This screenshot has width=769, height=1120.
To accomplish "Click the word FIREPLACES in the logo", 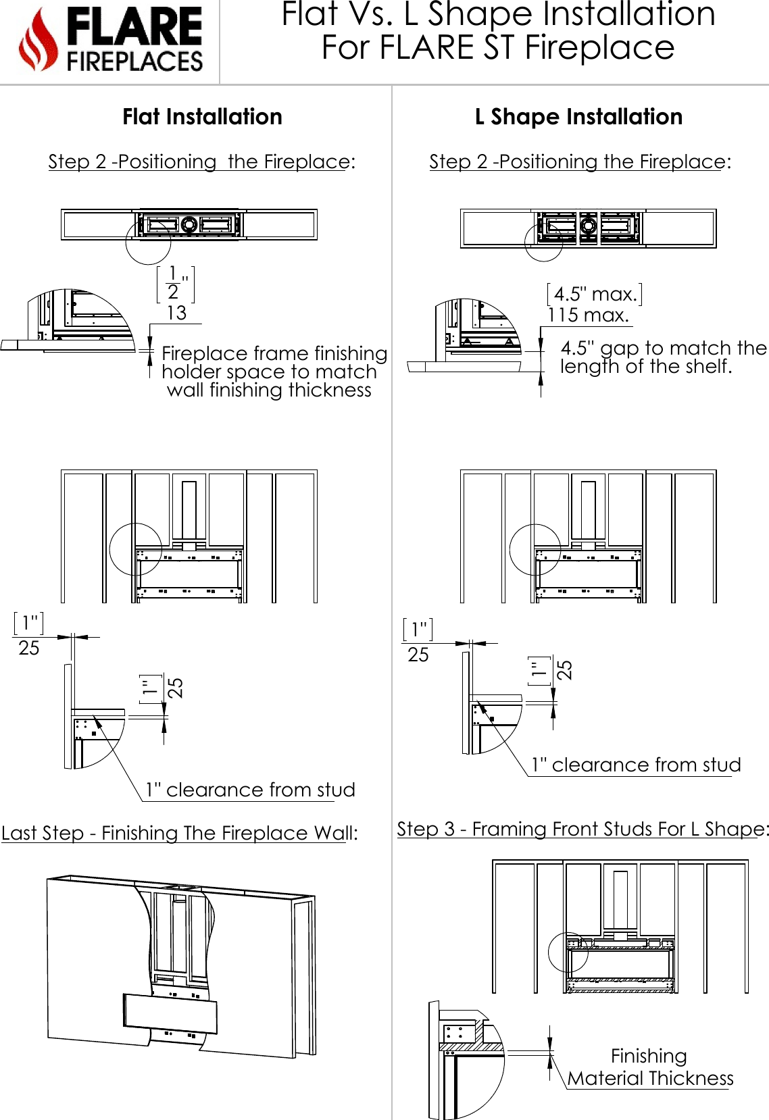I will (x=134, y=61).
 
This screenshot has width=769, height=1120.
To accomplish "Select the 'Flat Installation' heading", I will (x=202, y=117).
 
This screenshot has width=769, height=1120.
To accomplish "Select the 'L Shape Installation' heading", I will (x=578, y=117).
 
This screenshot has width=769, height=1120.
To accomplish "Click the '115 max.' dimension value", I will (x=588, y=315).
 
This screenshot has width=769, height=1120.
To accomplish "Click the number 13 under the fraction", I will (x=176, y=313).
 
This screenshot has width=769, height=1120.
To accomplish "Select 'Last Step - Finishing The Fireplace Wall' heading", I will (x=179, y=833).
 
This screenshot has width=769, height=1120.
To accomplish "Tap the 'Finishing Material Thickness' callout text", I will (x=650, y=1067).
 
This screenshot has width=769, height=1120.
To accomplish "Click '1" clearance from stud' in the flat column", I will (x=250, y=790).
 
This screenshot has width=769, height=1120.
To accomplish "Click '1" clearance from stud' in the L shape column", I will (x=636, y=765).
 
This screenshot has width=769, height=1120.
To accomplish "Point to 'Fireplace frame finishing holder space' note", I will (x=273, y=372).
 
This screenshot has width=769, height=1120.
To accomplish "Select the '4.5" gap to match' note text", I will (x=663, y=357).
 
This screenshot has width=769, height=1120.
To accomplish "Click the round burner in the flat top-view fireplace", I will (x=189, y=224).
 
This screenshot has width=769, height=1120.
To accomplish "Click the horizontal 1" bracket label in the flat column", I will (x=28, y=623).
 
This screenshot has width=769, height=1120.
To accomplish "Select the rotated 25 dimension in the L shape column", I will (x=564, y=669).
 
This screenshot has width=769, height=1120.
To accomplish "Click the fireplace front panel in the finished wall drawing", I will (x=170, y=1013).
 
